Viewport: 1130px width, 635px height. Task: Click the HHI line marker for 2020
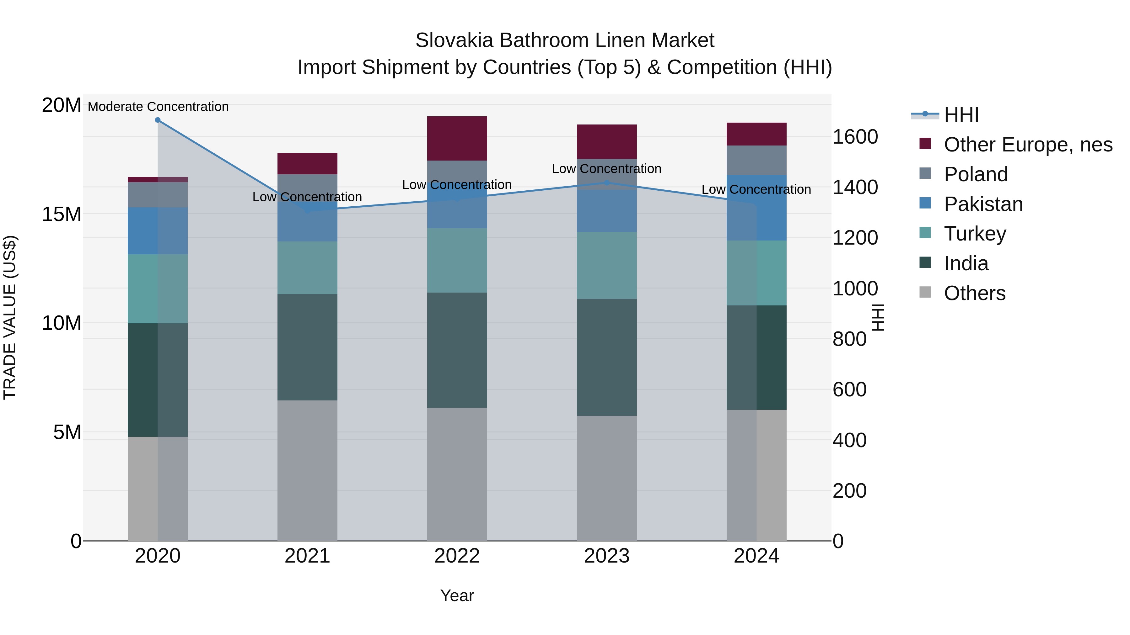click(x=158, y=120)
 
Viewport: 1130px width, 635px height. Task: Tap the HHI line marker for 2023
click(x=607, y=183)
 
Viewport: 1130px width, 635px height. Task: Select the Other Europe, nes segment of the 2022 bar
click(x=457, y=139)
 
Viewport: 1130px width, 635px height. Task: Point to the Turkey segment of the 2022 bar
click(x=457, y=260)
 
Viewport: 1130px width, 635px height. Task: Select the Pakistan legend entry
click(x=983, y=204)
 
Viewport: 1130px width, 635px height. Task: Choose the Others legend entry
click(x=974, y=293)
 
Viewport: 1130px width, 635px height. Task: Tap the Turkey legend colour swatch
click(x=925, y=233)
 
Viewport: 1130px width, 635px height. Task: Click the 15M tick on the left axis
click(x=62, y=214)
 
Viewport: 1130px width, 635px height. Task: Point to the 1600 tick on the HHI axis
click(x=855, y=137)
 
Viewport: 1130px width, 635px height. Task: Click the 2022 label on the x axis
click(x=457, y=556)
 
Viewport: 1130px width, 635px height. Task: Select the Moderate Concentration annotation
click(x=158, y=107)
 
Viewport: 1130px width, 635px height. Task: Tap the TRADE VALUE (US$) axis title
click(x=10, y=317)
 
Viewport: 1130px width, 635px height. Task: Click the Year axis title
click(x=457, y=595)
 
